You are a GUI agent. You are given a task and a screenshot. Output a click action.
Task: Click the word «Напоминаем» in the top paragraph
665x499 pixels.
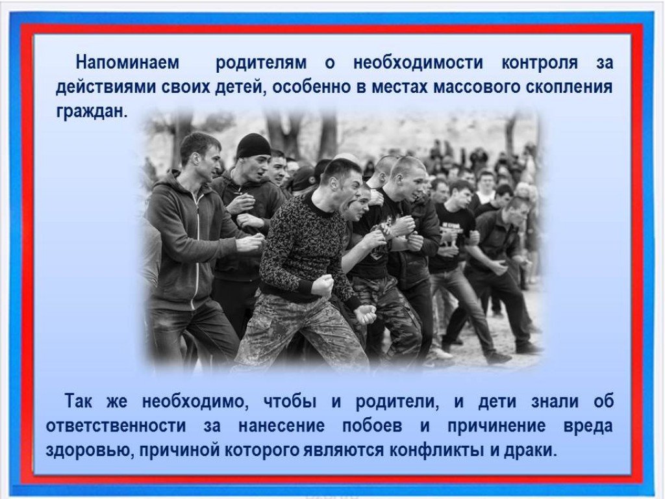coord(127,62)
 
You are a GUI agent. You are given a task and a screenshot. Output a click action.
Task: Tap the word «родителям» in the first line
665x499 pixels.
coord(261,63)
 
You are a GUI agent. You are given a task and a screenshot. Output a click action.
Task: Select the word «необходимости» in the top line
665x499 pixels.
coord(418,63)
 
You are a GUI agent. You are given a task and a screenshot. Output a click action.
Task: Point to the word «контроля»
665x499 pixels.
coord(540,63)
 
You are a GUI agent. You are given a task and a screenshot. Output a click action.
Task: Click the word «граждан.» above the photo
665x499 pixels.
coord(92,112)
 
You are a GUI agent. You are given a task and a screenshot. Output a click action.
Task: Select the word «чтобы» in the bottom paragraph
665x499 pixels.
coord(290,401)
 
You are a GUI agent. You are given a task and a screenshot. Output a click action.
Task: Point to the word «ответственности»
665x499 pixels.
coord(116,426)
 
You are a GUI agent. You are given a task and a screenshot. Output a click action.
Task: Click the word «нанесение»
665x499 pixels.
coord(281,426)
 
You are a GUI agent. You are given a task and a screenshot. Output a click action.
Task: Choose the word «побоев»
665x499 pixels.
coord(372,426)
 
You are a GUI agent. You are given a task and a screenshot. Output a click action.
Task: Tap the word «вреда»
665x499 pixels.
coord(588,426)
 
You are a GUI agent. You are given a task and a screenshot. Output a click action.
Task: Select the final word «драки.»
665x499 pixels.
coord(530,450)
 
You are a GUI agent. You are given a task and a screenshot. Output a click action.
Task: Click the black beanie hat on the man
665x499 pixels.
coord(253,145)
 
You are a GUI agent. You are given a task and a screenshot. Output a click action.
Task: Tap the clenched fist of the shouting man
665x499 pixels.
coord(322,285)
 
